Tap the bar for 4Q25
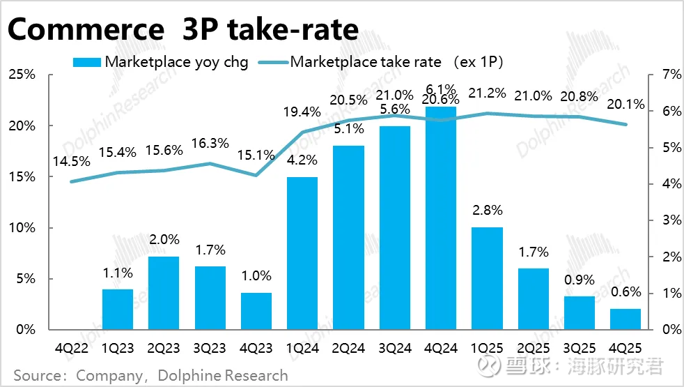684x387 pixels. point(625,319)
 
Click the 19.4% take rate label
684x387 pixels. point(302,110)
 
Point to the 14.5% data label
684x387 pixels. point(70,161)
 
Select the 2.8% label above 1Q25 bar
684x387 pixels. point(487,209)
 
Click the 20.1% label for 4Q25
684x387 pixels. point(625,104)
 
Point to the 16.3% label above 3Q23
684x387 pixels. point(210,142)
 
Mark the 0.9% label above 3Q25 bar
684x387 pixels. point(580,280)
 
